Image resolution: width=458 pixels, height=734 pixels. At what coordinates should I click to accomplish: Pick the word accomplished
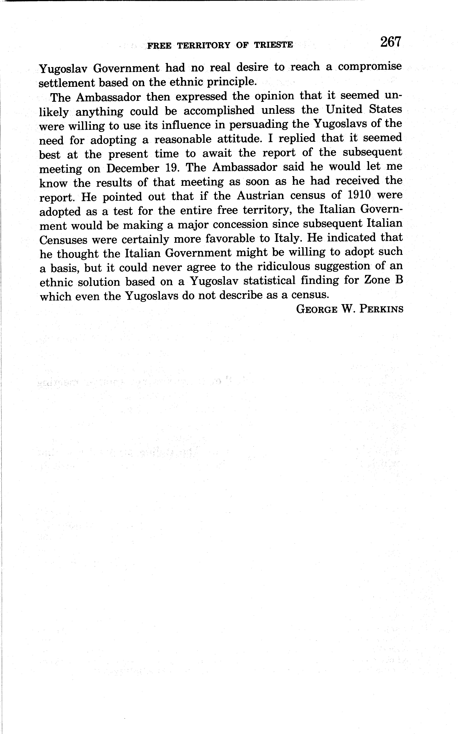(x=219, y=111)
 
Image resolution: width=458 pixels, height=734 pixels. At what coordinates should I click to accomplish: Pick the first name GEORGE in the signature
(x=317, y=309)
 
